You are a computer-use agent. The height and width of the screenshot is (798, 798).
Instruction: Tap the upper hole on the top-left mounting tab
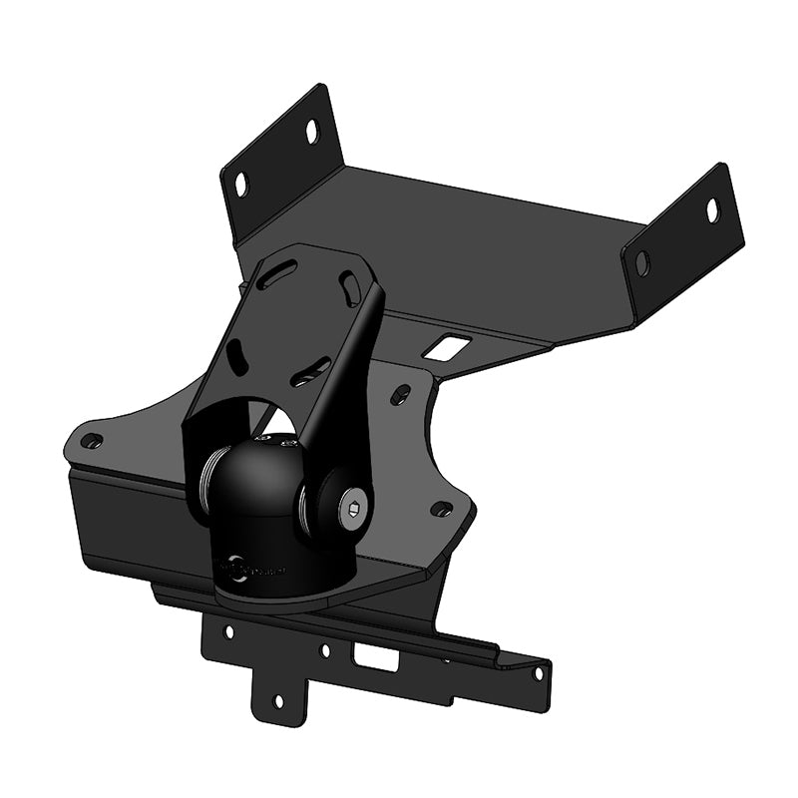point(312,131)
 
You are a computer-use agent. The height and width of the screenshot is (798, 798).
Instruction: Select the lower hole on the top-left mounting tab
point(240,183)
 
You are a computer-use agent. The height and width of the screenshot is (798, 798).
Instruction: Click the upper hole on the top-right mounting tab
point(712,210)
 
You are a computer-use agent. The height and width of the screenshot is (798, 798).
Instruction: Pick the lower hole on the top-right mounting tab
point(641,264)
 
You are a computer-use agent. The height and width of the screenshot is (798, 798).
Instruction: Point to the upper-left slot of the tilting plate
point(281,274)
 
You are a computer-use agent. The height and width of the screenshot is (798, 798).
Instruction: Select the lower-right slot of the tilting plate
point(309,373)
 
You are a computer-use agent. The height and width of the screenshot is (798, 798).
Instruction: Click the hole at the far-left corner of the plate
point(91,440)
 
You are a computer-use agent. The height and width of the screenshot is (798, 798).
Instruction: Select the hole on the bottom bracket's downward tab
point(278,701)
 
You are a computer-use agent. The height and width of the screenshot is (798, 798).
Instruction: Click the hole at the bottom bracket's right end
point(538,673)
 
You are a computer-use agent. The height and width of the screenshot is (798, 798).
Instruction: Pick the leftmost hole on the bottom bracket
point(228,631)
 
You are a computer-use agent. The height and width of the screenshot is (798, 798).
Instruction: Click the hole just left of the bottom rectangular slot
point(325,650)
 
